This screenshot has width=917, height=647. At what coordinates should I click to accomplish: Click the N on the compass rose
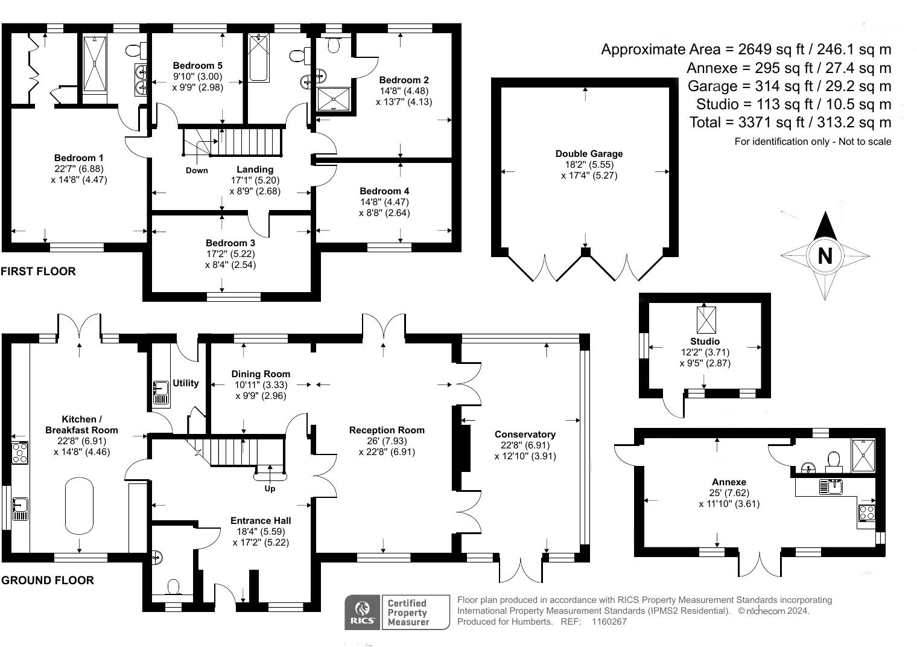[825, 256]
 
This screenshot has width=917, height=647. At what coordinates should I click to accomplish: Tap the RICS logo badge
[362, 612]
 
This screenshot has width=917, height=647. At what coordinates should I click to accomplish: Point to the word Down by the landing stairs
[197, 170]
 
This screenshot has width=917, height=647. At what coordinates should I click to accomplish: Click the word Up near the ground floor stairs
[270, 488]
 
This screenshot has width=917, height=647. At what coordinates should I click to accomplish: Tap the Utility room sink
[160, 392]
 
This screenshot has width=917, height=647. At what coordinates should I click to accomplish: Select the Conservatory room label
[525, 435]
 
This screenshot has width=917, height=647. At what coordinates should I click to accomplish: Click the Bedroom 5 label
[197, 66]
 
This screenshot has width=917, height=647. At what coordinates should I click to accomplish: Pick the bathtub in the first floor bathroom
[258, 58]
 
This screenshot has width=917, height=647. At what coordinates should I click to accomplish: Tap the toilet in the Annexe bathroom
[834, 460]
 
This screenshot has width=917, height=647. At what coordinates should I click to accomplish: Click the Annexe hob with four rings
[867, 513]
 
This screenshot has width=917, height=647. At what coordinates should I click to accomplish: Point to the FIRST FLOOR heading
[39, 272]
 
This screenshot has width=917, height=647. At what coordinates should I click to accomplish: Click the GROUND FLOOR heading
[48, 581]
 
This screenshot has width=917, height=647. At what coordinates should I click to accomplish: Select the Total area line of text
[790, 123]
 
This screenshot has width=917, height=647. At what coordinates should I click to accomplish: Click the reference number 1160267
[609, 622]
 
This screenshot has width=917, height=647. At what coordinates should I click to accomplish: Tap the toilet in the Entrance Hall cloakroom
[173, 587]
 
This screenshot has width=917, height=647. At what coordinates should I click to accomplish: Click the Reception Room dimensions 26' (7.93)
[387, 441]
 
